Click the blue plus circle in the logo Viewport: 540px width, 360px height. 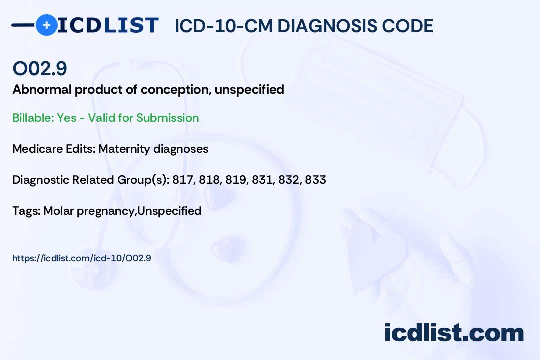[x=46, y=25]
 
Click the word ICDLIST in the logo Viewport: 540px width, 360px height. [x=108, y=25]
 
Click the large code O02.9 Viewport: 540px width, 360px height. [x=40, y=68]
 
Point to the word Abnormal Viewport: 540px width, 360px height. [x=42, y=89]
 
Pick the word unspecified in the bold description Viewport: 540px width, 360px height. [x=249, y=90]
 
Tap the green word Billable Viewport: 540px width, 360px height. [x=33, y=118]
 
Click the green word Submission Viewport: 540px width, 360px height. [x=167, y=118]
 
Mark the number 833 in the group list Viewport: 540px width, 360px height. [x=316, y=180]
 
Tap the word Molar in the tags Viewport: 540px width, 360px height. [x=59, y=211]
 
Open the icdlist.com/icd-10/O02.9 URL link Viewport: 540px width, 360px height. [x=82, y=258]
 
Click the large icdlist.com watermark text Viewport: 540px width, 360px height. [x=454, y=333]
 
